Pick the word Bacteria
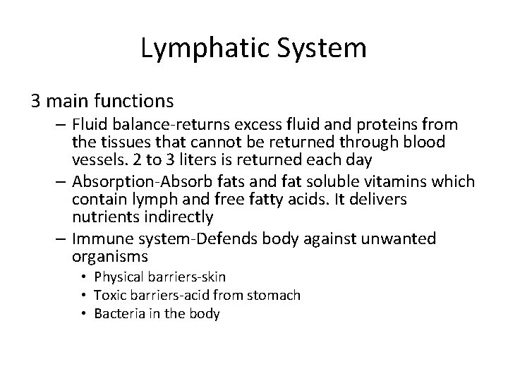pyautogui.click(x=116, y=314)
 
